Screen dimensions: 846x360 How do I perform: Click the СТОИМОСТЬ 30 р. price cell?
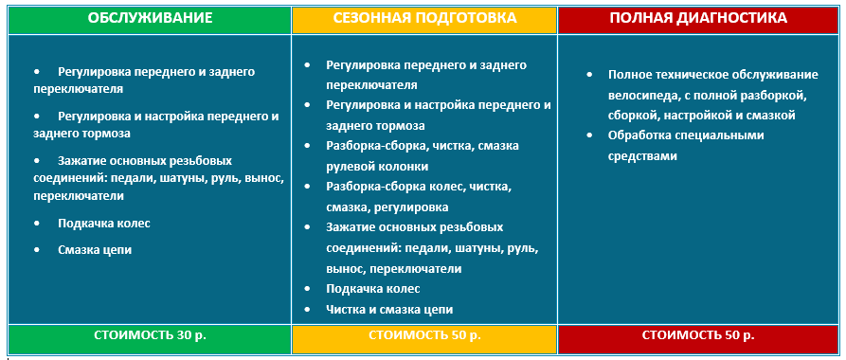(150, 334)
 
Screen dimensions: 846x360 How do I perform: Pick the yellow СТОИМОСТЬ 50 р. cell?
(424, 334)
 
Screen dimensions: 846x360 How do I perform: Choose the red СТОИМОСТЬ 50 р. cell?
(698, 334)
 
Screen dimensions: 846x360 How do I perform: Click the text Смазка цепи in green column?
(95, 250)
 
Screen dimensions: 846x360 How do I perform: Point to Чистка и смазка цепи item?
(389, 309)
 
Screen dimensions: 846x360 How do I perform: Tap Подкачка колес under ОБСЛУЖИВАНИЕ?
(104, 223)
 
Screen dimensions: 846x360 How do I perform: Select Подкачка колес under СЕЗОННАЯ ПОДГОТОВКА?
(373, 289)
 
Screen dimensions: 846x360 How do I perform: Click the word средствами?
(642, 156)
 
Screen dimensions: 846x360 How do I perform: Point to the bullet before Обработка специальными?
(589, 135)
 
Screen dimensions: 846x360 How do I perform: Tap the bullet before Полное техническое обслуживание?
(589, 75)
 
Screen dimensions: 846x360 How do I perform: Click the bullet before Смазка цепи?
(37, 250)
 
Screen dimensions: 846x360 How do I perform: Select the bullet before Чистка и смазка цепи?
(307, 309)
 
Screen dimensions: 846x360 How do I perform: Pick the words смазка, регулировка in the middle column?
(387, 207)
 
